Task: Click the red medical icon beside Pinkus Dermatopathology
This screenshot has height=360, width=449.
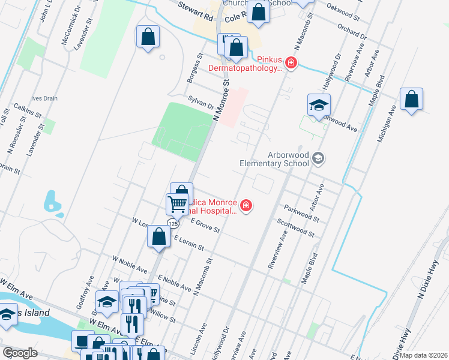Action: pyautogui.click(x=291, y=63)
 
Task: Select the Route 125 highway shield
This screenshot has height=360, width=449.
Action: pyautogui.click(x=173, y=223)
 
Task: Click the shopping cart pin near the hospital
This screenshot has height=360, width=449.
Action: pyautogui.click(x=178, y=204)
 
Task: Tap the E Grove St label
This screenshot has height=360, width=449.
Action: pyautogui.click(x=205, y=226)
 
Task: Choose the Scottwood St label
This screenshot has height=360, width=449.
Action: pyautogui.click(x=295, y=227)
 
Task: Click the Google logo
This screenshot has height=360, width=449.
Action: pyautogui.click(x=20, y=353)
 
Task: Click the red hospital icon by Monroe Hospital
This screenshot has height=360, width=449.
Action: pyautogui.click(x=246, y=206)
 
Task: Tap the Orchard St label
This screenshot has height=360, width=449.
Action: pyautogui.click(x=351, y=30)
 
